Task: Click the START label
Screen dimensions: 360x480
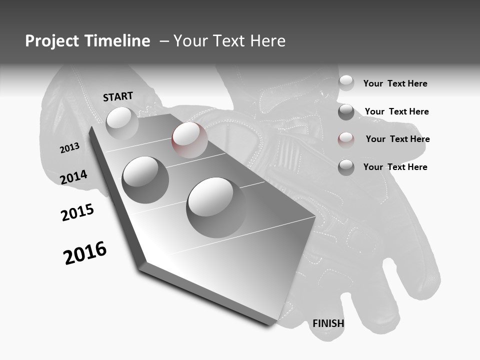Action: pos(118,96)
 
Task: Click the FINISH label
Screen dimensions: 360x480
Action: pos(328,323)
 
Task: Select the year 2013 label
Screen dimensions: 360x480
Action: pos(69,148)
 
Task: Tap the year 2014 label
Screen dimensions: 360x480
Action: pos(73,177)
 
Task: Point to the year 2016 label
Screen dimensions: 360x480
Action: pos(85,253)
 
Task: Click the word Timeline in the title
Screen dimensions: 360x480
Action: pos(117,41)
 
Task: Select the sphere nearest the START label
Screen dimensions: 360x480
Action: pos(122,123)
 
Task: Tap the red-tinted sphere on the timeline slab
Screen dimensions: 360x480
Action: pos(189,139)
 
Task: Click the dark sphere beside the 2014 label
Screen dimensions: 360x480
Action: pos(145,179)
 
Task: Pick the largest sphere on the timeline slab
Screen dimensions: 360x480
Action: pos(216,207)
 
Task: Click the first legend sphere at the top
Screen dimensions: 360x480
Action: pos(346,83)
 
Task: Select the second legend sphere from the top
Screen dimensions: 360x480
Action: pos(346,112)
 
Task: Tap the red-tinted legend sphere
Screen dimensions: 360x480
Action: pos(346,139)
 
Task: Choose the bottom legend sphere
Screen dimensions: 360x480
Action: pos(346,167)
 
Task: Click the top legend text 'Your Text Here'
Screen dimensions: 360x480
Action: pos(395,83)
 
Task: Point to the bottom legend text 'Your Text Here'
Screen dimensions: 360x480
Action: pos(395,167)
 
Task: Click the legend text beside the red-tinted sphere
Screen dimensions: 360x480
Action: pos(397,139)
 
